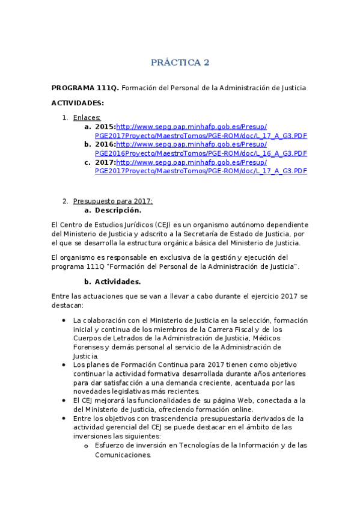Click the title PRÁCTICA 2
(180, 62)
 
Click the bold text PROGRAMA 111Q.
(85, 88)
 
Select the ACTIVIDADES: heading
(78, 103)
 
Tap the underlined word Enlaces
(87, 117)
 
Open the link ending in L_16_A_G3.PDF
(201, 153)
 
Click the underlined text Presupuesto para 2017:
(113, 201)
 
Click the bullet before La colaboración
(64, 321)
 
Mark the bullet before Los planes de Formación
(64, 365)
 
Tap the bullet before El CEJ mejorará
(64, 401)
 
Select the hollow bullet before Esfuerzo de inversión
(87, 446)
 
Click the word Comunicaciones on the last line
(123, 455)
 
